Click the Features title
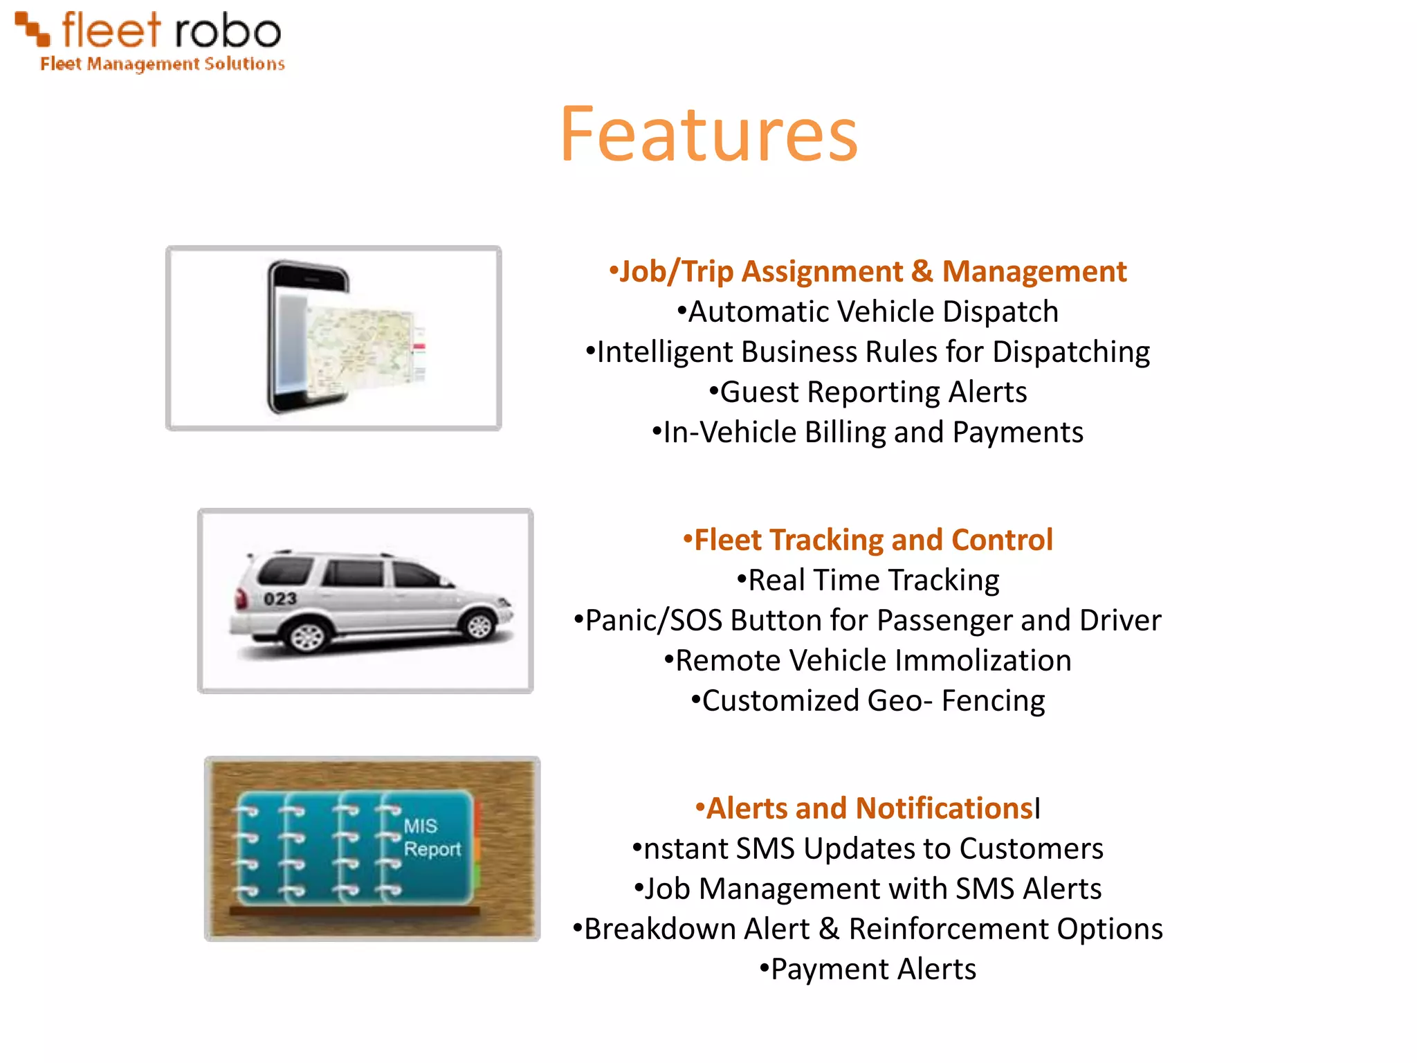pos(708,134)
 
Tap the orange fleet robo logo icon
pos(33,30)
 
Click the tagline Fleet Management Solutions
pos(163,64)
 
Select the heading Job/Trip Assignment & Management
pos(868,271)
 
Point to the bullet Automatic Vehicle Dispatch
pos(868,311)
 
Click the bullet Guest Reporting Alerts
pos(868,392)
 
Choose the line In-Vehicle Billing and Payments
pos(868,433)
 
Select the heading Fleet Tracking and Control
pos(868,540)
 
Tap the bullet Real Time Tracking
pos(868,580)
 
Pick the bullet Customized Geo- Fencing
pos(868,700)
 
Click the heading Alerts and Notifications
pos(868,808)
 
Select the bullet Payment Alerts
pos(868,969)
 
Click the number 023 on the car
pos(280,599)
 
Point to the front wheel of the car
pos(479,626)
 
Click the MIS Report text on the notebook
pos(431,837)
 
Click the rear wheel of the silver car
pos(308,635)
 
